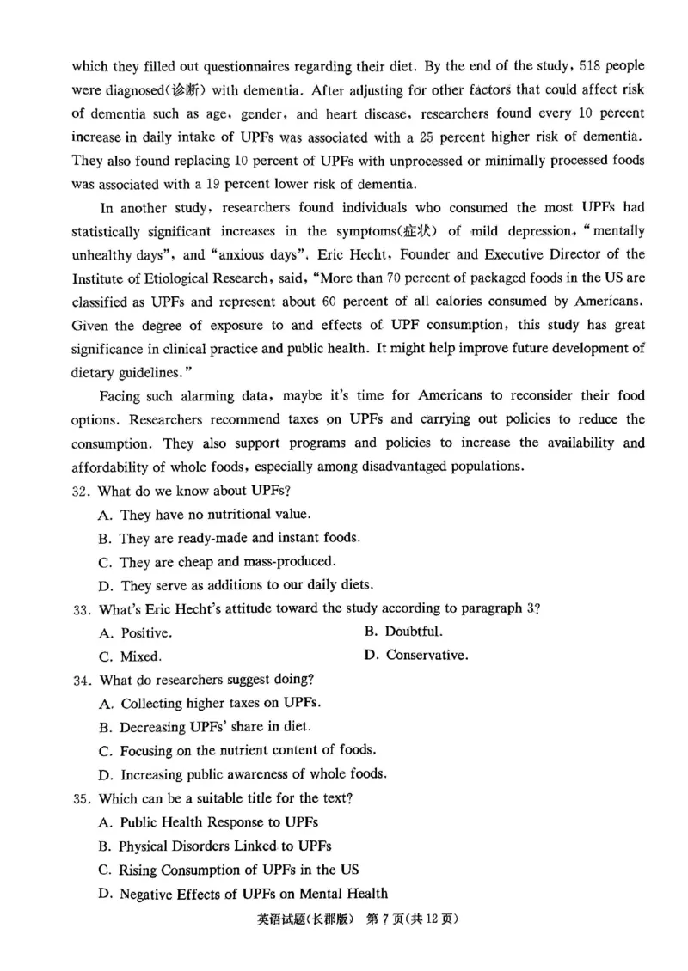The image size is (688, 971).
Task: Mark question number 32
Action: (81, 491)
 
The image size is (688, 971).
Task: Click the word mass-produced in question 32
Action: (284, 562)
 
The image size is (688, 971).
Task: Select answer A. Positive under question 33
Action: (135, 633)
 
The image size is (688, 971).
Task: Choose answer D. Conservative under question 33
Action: (416, 656)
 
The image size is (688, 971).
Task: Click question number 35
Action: (81, 797)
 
